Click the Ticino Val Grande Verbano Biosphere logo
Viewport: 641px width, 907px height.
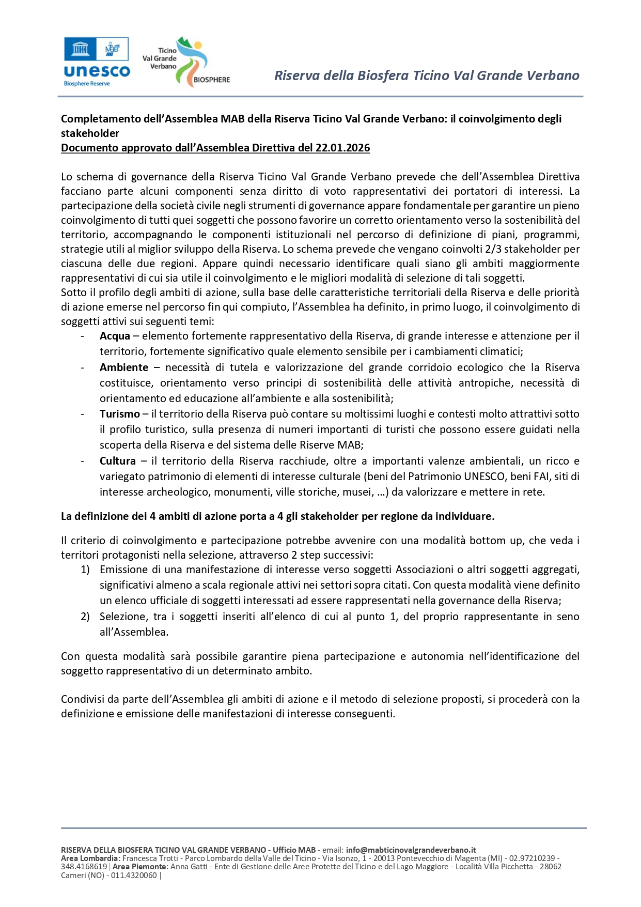pyautogui.click(x=186, y=62)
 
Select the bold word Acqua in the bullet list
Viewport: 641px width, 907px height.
pyautogui.click(x=115, y=336)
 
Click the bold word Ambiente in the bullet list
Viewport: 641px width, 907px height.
pyautogui.click(x=124, y=367)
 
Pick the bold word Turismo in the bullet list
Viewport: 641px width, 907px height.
pyautogui.click(x=120, y=414)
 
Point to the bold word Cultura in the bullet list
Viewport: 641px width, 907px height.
pyautogui.click(x=118, y=461)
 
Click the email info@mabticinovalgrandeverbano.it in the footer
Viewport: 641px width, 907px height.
pyautogui.click(x=411, y=850)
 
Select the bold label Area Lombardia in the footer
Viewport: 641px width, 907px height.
pyautogui.click(x=89, y=858)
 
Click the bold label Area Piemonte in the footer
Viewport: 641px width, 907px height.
pyautogui.click(x=139, y=866)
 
